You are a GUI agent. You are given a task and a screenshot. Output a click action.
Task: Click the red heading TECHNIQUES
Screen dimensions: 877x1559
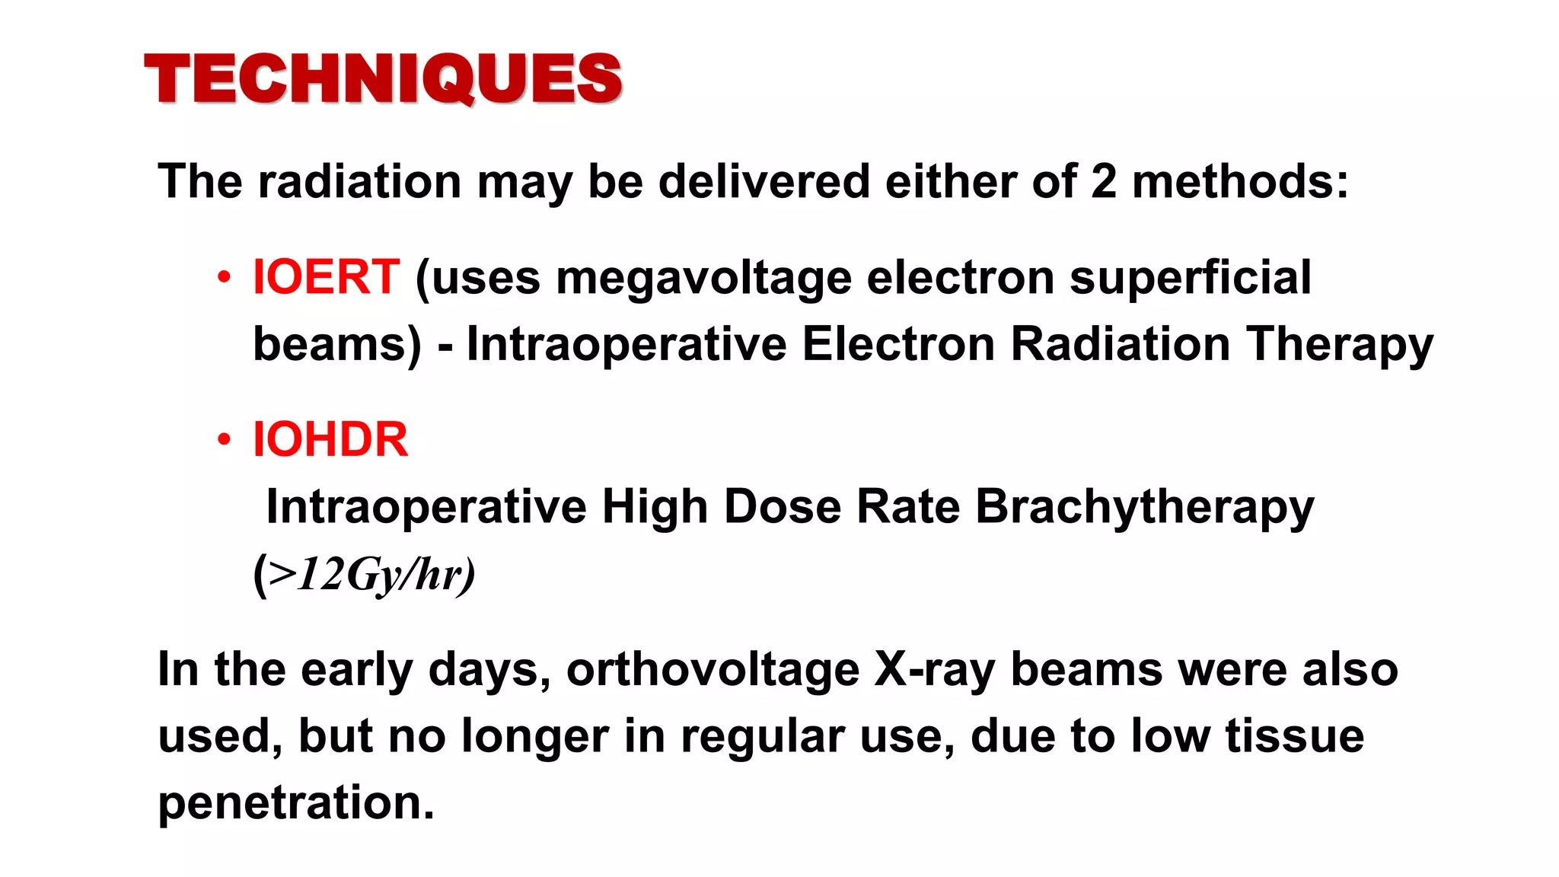[x=383, y=78]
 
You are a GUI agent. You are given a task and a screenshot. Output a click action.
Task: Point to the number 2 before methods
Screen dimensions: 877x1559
[x=1103, y=182]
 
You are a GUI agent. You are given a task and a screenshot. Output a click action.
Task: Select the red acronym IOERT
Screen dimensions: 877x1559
[x=326, y=277]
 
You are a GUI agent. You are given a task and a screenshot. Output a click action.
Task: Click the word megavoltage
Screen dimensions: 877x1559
[x=703, y=278]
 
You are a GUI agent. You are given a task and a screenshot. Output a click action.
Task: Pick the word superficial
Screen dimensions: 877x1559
[x=1191, y=278]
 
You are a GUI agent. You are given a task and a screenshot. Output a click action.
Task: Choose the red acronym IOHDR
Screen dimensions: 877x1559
[x=330, y=440]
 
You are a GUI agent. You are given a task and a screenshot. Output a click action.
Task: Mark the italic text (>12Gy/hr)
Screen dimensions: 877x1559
[x=364, y=574]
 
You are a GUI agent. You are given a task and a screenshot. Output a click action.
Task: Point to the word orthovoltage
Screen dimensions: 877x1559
[x=713, y=671]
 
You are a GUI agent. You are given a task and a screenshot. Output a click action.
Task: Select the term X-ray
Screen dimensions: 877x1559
[x=934, y=671]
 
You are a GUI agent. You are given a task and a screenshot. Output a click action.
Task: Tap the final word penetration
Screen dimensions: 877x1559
[x=295, y=802]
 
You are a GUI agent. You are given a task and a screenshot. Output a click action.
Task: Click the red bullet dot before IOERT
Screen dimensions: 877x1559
[x=223, y=278]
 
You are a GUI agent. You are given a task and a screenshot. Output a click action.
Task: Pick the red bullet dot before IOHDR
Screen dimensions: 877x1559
[x=223, y=440]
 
